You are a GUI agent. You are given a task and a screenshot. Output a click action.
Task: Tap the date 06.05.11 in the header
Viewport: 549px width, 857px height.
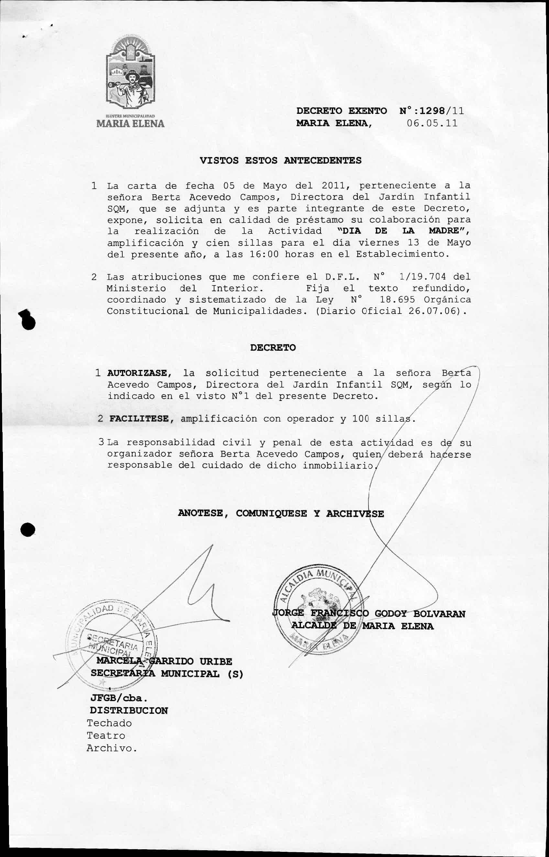(432, 123)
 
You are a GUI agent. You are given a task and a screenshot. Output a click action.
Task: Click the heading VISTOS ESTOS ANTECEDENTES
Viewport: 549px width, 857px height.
(280, 161)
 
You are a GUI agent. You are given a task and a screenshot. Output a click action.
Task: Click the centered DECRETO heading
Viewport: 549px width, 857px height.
(273, 348)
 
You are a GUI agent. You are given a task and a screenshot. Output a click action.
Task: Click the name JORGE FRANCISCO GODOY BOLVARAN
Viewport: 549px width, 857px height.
(368, 614)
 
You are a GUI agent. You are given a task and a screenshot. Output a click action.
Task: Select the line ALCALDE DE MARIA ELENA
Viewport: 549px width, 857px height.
(362, 626)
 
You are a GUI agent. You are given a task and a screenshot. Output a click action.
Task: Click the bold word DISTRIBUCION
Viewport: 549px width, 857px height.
(129, 710)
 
